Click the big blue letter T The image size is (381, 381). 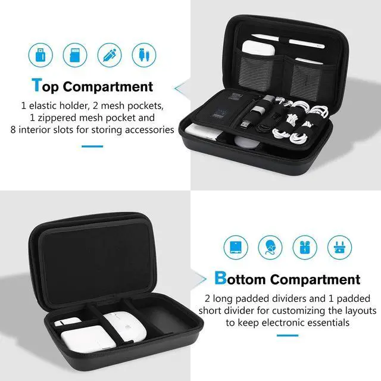pos(38,85)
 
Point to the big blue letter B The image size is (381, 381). pos(220,278)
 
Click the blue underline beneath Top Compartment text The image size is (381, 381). pos(92,146)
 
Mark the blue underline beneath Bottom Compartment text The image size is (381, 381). pos(287,335)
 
